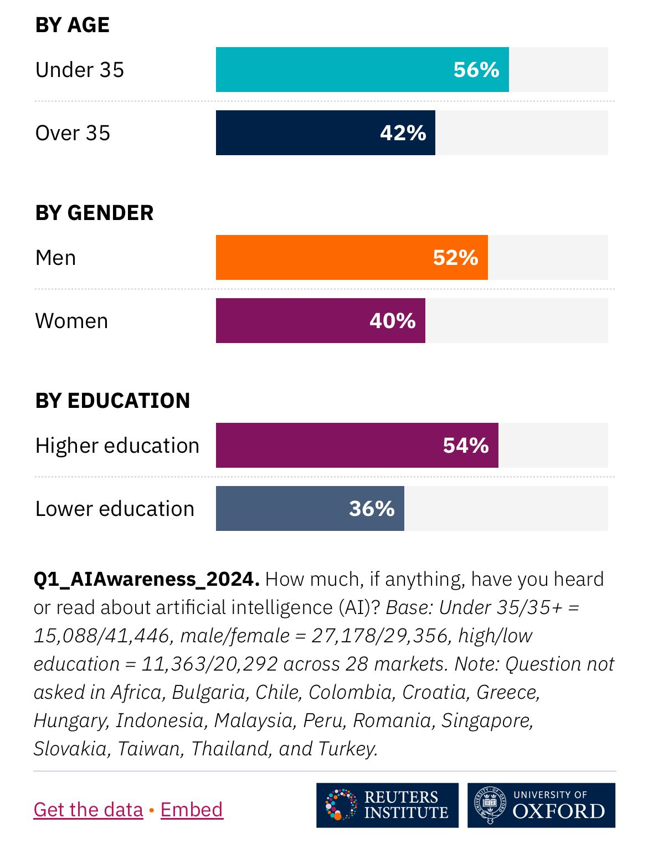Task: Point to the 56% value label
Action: click(x=476, y=70)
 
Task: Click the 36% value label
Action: click(x=372, y=509)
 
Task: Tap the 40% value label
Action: click(x=393, y=321)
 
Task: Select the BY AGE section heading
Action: click(x=73, y=25)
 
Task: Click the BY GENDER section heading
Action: click(x=95, y=213)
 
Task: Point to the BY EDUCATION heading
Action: click(x=113, y=401)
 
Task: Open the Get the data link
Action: click(x=89, y=810)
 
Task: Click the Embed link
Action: click(x=192, y=810)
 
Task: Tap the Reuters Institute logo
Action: click(x=387, y=805)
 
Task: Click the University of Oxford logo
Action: click(x=541, y=805)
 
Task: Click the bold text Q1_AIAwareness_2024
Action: click(x=147, y=579)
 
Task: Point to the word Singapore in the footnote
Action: click(x=487, y=720)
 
